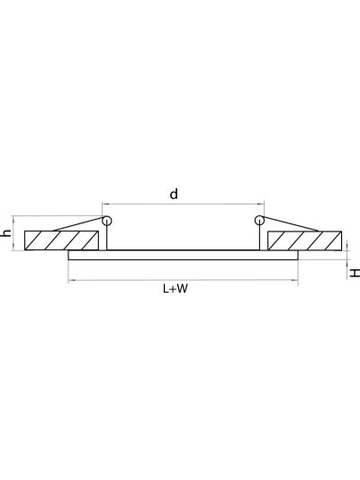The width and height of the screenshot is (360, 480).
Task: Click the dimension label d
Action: point(174,195)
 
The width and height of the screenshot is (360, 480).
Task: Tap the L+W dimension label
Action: point(175,288)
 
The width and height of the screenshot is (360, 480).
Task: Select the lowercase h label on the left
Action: point(6,233)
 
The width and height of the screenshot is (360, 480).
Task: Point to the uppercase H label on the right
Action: point(355,273)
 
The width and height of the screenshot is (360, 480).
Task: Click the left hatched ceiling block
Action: point(61,240)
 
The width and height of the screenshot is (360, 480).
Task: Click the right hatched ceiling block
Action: point(304,240)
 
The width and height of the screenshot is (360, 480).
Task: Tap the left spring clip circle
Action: point(106,221)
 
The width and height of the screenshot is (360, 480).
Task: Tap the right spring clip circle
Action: point(259,221)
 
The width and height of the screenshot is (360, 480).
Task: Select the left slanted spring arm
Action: point(78,224)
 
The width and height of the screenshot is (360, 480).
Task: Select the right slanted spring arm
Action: point(291,223)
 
